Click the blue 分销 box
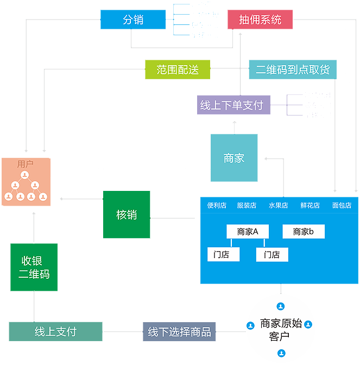point(133,20)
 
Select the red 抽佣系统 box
point(260,20)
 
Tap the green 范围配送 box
point(178,69)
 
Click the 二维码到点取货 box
point(293,69)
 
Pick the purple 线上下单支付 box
point(233,105)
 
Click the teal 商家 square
point(234,158)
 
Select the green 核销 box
point(127,214)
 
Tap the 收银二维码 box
point(34,267)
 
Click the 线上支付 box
point(55,331)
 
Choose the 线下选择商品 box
point(179,331)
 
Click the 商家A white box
point(248,232)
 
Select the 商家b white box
point(304,232)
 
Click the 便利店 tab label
point(217,206)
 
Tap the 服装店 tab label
point(247,206)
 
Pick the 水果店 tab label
point(278,206)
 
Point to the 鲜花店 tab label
point(310,206)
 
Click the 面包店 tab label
point(342,206)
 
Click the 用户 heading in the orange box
point(25,163)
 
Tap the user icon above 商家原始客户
point(281,306)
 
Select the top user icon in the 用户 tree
point(25,175)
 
